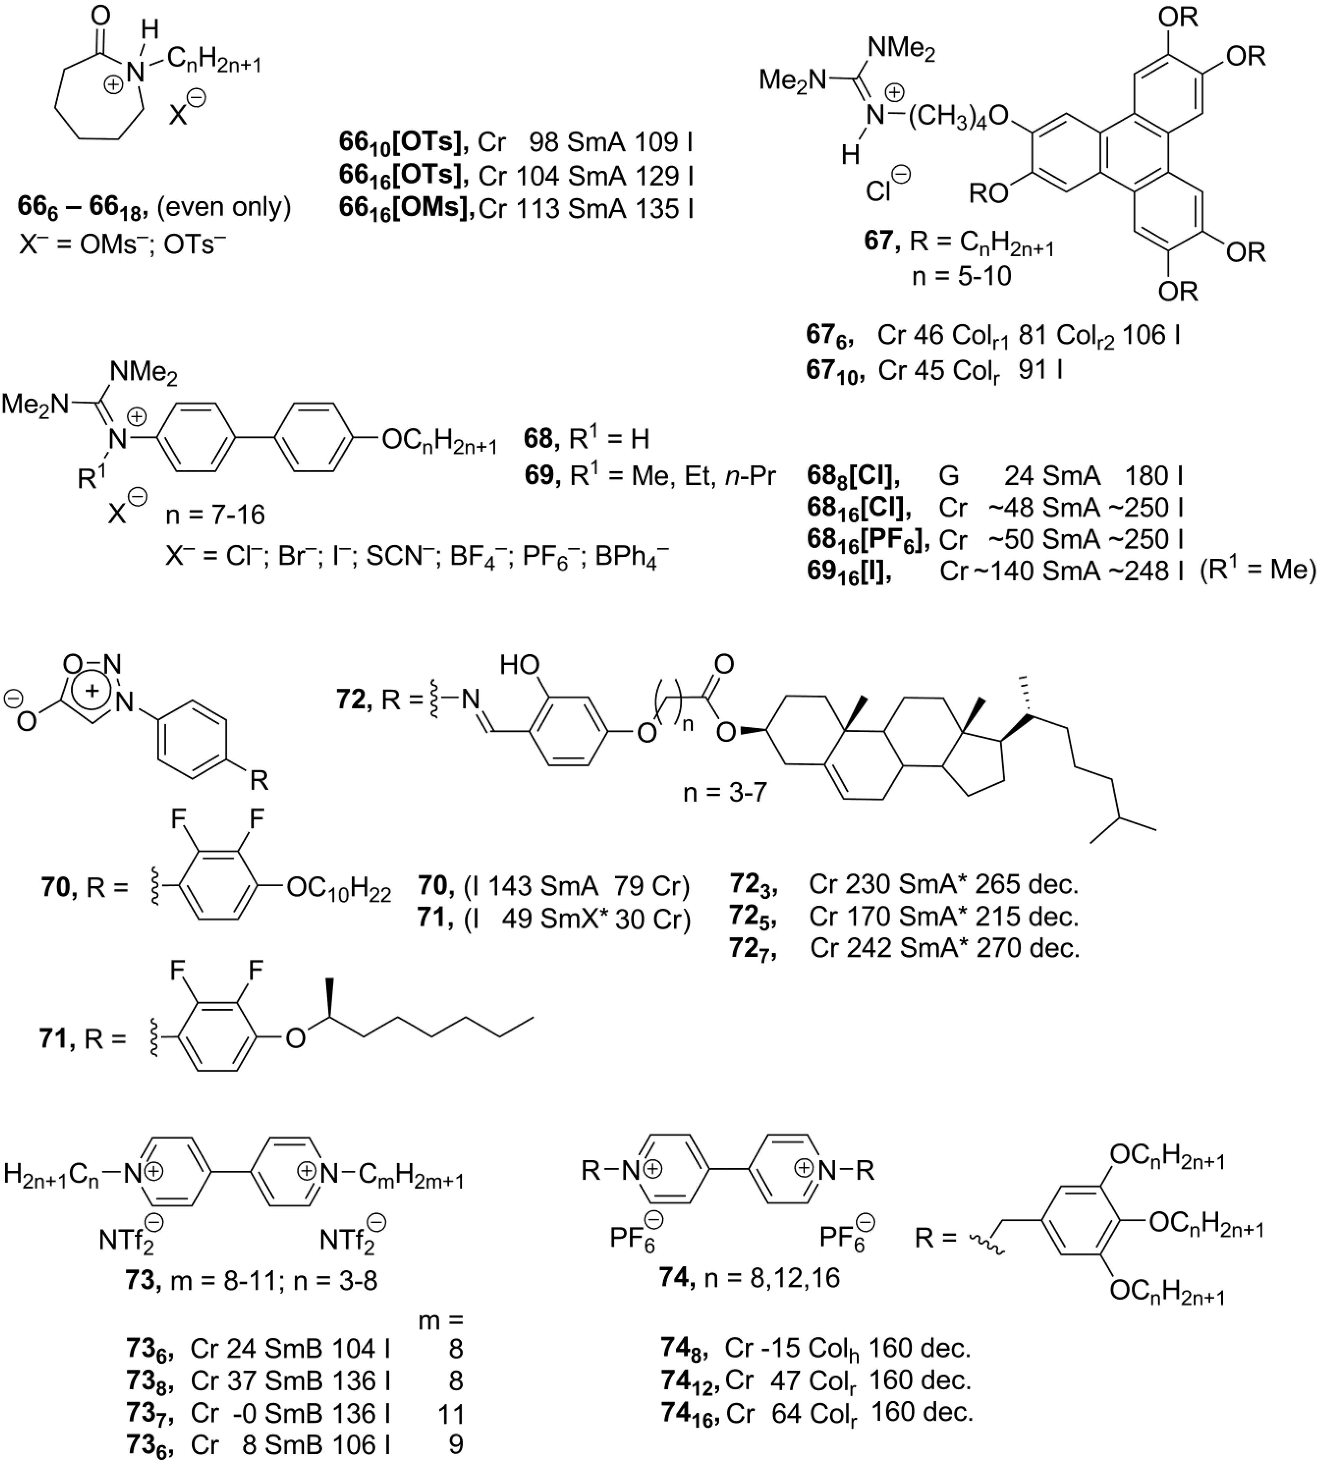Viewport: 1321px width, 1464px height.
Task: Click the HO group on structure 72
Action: (x=520, y=664)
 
